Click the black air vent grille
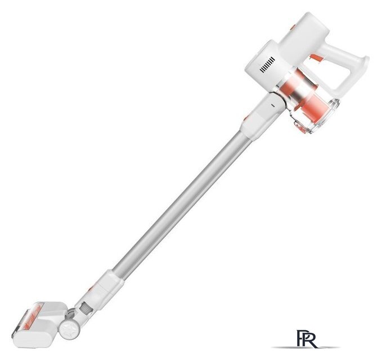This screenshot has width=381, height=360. (267, 64)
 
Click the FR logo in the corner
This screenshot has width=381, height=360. (306, 339)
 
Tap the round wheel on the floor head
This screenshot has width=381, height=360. (70, 328)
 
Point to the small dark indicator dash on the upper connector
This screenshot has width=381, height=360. (272, 105)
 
